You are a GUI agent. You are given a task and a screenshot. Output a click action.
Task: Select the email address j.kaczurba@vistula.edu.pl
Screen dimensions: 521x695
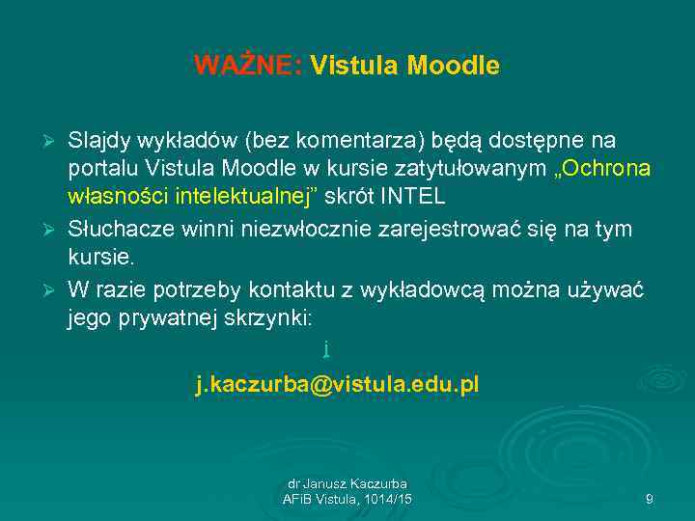click(337, 386)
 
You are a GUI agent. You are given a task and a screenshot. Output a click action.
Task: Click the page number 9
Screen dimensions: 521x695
click(649, 499)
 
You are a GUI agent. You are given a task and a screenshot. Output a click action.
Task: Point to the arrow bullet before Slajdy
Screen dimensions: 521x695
click(54, 142)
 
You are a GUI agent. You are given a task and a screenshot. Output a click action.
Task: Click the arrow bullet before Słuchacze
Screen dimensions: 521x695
click(54, 231)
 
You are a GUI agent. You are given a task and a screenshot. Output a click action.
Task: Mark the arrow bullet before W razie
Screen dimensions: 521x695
click(54, 290)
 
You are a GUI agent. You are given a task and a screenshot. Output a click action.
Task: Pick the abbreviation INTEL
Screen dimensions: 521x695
click(414, 197)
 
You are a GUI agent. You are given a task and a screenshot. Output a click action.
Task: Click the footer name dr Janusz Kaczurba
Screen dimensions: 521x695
click(347, 483)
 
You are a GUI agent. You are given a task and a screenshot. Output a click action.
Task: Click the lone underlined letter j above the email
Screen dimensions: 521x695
click(327, 346)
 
